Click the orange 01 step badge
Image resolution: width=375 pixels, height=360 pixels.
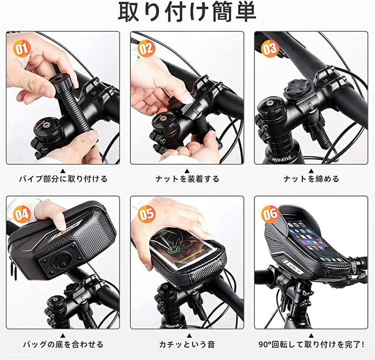(22, 49)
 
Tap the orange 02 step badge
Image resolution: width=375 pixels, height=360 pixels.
(146, 49)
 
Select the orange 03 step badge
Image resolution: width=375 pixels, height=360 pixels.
(270, 49)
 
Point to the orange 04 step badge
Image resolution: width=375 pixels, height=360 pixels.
(22, 214)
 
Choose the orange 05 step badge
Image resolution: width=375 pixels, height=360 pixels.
(146, 214)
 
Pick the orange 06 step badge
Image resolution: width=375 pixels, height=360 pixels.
(270, 214)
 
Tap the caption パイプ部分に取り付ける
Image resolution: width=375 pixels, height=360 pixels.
(63, 179)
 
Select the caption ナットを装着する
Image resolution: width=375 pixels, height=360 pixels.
(187, 179)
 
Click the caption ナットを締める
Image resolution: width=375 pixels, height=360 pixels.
(311, 179)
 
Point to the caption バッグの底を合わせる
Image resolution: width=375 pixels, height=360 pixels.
(63, 345)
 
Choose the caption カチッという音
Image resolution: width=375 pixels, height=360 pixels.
(187, 345)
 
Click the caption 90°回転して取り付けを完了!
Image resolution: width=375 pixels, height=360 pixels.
(311, 345)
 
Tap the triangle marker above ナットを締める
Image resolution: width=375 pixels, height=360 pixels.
(311, 171)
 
